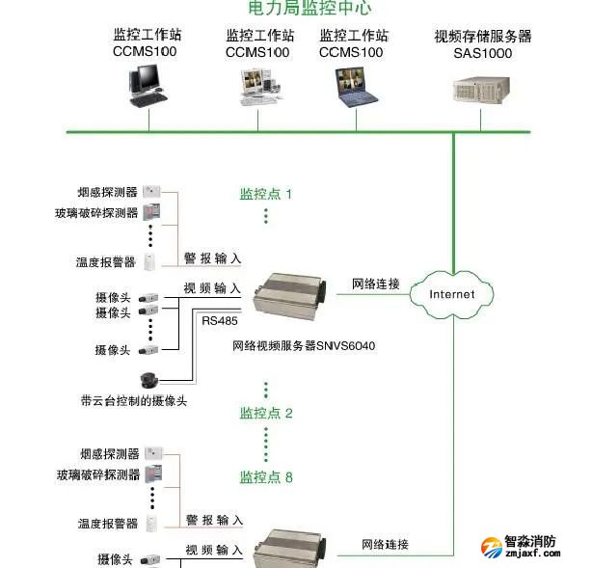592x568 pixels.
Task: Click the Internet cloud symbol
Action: coord(452,293)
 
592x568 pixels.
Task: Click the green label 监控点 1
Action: coord(265,194)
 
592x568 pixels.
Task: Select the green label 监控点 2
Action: coord(265,413)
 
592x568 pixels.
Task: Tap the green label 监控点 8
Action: coord(265,477)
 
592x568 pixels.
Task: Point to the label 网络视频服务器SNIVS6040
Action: coord(304,344)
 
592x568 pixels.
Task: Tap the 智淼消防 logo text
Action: coord(530,541)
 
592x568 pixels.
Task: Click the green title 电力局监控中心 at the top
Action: coord(296,8)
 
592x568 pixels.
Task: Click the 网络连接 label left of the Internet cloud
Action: coord(375,284)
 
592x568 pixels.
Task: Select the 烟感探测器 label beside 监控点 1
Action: coord(107,192)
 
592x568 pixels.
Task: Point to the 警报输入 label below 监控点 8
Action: coord(213,520)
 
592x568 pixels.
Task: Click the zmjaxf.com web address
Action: coord(530,556)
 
